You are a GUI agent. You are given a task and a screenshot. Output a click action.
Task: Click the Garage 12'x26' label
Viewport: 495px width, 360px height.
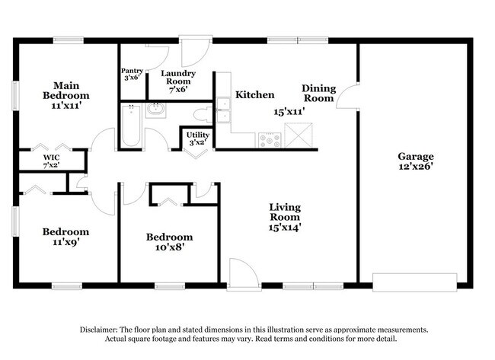click(x=416, y=161)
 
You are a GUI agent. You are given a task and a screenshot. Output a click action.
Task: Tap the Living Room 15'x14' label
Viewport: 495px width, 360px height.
click(x=285, y=217)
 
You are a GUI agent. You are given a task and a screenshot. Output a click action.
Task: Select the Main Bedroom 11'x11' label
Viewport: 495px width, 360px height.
click(x=66, y=95)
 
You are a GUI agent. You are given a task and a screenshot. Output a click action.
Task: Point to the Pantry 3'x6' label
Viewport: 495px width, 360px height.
click(x=132, y=74)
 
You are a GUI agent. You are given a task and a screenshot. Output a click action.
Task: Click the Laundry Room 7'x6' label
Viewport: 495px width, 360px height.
click(x=178, y=81)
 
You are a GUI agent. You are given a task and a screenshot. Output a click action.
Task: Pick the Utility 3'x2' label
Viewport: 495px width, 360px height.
click(x=198, y=139)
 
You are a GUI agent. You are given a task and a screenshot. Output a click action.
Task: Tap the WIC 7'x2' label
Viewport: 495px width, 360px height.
click(x=52, y=161)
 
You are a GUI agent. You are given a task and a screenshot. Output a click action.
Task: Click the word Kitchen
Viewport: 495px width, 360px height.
click(x=255, y=94)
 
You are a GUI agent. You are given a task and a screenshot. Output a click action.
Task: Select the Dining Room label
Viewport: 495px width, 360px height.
click(x=318, y=94)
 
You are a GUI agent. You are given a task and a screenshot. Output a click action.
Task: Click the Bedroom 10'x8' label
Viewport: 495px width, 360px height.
click(x=170, y=242)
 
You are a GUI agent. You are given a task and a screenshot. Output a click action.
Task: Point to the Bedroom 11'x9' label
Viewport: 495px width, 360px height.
click(x=65, y=237)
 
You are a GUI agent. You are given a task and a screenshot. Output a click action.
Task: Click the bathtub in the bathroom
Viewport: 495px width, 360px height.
click(x=131, y=126)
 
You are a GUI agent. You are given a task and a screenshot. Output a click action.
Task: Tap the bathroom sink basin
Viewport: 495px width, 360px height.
click(x=155, y=110)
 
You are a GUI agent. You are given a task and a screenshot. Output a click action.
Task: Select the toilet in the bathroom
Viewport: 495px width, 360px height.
click(x=203, y=114)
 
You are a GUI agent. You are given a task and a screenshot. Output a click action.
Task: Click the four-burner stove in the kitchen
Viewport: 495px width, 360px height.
click(x=270, y=140)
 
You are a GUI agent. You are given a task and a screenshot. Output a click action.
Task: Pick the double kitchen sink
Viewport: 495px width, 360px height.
click(x=223, y=110)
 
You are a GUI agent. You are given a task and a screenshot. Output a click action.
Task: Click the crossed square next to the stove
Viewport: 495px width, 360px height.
click(x=299, y=135)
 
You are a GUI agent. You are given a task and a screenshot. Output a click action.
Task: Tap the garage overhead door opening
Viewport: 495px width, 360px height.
click(x=414, y=282)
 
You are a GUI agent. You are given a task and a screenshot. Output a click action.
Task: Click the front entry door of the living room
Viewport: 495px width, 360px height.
click(x=244, y=274)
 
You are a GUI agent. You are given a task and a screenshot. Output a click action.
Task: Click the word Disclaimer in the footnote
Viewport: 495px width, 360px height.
click(x=99, y=330)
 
